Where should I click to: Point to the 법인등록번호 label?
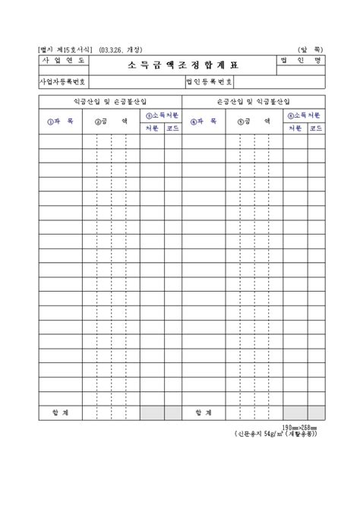pos(210,81)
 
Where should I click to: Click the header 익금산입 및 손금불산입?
pos(111,100)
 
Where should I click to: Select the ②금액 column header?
pos(110,121)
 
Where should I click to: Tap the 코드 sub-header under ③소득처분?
pos(172,128)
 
